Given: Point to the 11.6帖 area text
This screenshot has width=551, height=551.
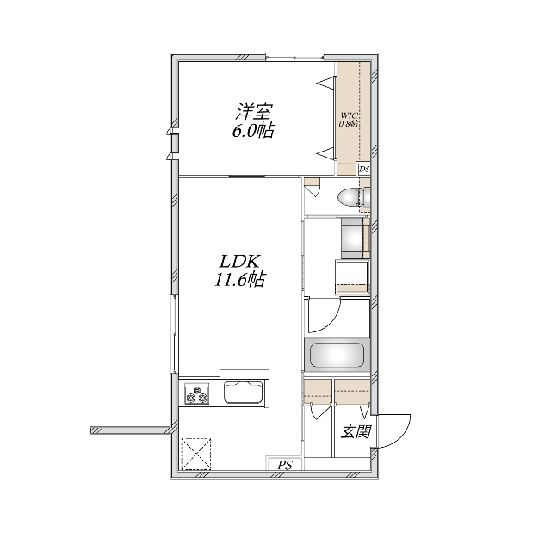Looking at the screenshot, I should [x=239, y=281].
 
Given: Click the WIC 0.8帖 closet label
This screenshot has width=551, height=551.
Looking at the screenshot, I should [x=349, y=120].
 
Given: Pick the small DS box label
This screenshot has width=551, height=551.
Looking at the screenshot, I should [x=365, y=170].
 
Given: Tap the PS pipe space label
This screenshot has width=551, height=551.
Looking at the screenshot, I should [x=284, y=466].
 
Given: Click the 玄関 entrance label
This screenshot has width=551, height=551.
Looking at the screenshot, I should [x=356, y=431].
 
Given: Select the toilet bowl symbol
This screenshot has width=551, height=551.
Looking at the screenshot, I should [x=350, y=197].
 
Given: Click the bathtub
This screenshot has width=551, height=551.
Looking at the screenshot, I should [x=337, y=355].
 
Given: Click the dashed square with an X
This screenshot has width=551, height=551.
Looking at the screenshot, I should [x=195, y=452].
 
